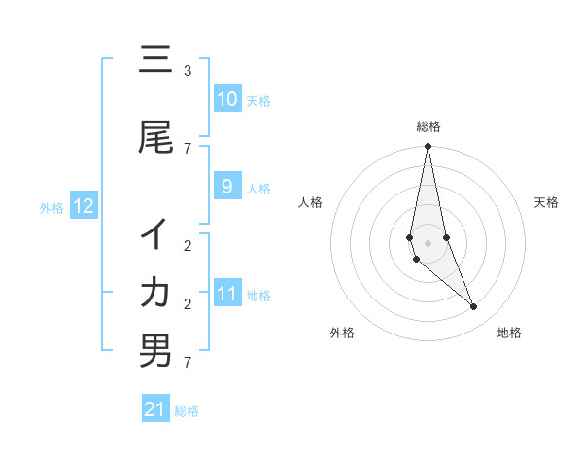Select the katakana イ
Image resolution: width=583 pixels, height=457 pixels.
tap(155, 234)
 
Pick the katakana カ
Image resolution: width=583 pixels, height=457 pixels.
tap(155, 292)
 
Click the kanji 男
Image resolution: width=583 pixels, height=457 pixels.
tap(155, 351)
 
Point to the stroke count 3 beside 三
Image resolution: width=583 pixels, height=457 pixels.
tap(188, 71)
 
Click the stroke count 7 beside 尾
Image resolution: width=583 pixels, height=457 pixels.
tap(188, 149)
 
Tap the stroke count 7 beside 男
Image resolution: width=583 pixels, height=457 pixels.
tap(188, 363)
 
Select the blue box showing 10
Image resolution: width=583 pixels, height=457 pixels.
tap(227, 99)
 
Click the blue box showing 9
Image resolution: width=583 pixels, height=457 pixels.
tap(227, 187)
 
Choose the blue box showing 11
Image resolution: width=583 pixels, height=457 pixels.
tap(227, 294)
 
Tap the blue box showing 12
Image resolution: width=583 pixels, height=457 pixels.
tap(84, 206)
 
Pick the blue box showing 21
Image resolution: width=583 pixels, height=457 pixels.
tap(155, 409)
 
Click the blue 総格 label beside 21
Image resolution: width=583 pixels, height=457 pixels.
tap(187, 411)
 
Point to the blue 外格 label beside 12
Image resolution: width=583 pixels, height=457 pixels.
tap(51, 207)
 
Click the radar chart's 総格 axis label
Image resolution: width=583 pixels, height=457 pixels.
tap(429, 126)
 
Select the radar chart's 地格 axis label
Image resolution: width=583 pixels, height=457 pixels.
tap(509, 333)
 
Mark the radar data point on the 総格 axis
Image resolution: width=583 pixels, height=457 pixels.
tap(428, 147)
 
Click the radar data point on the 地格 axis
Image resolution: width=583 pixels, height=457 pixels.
tap(473, 307)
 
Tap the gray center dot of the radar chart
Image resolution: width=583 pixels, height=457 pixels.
tap(428, 242)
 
